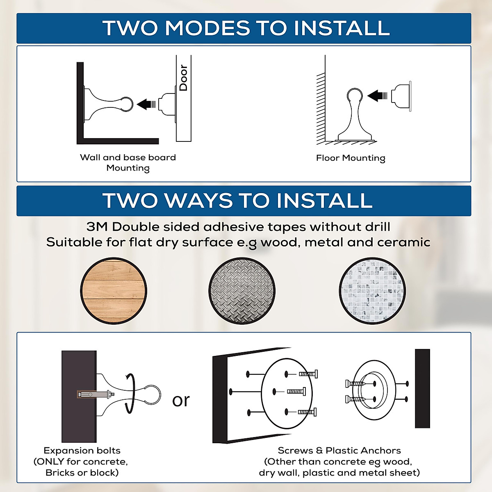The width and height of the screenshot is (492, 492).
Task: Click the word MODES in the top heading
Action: pos(207,28)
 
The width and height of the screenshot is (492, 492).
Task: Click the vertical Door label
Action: pos(183,78)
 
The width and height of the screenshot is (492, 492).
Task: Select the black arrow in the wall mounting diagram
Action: pos(146,104)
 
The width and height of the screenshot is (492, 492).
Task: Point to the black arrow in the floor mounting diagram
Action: pos(377,96)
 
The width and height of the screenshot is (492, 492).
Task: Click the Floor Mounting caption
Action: pos(351,158)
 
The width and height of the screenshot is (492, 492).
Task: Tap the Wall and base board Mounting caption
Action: pos(128,163)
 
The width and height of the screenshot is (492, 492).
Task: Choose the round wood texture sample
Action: pos(114,291)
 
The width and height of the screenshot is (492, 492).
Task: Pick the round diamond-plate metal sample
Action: pos(242,291)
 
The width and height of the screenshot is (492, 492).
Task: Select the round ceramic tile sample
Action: pos(372,291)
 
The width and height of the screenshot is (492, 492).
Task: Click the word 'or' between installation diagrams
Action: pos(181,400)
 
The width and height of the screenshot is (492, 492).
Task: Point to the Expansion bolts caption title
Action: pos(82,451)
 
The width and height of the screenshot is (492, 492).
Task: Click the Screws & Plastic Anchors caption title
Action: pos(339,451)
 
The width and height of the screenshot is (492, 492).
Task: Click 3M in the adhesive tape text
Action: pos(97,227)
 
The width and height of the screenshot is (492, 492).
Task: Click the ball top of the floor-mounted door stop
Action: pos(355,96)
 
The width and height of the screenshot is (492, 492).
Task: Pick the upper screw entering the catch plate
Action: pos(355,384)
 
